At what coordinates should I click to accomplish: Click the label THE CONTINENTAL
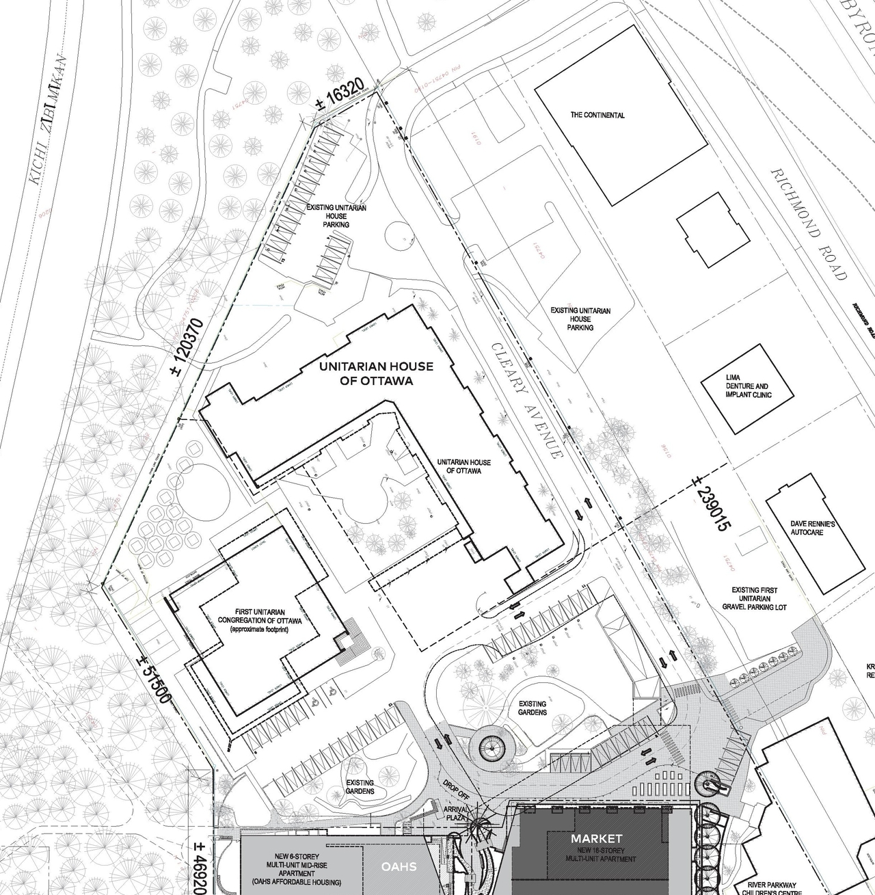coord(597,115)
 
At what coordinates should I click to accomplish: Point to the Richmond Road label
coord(809,224)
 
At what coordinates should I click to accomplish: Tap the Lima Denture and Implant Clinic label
coord(747,386)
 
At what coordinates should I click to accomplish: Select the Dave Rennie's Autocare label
coord(812,528)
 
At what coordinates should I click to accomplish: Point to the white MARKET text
coord(597,838)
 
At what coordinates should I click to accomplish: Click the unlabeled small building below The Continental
coord(712,230)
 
